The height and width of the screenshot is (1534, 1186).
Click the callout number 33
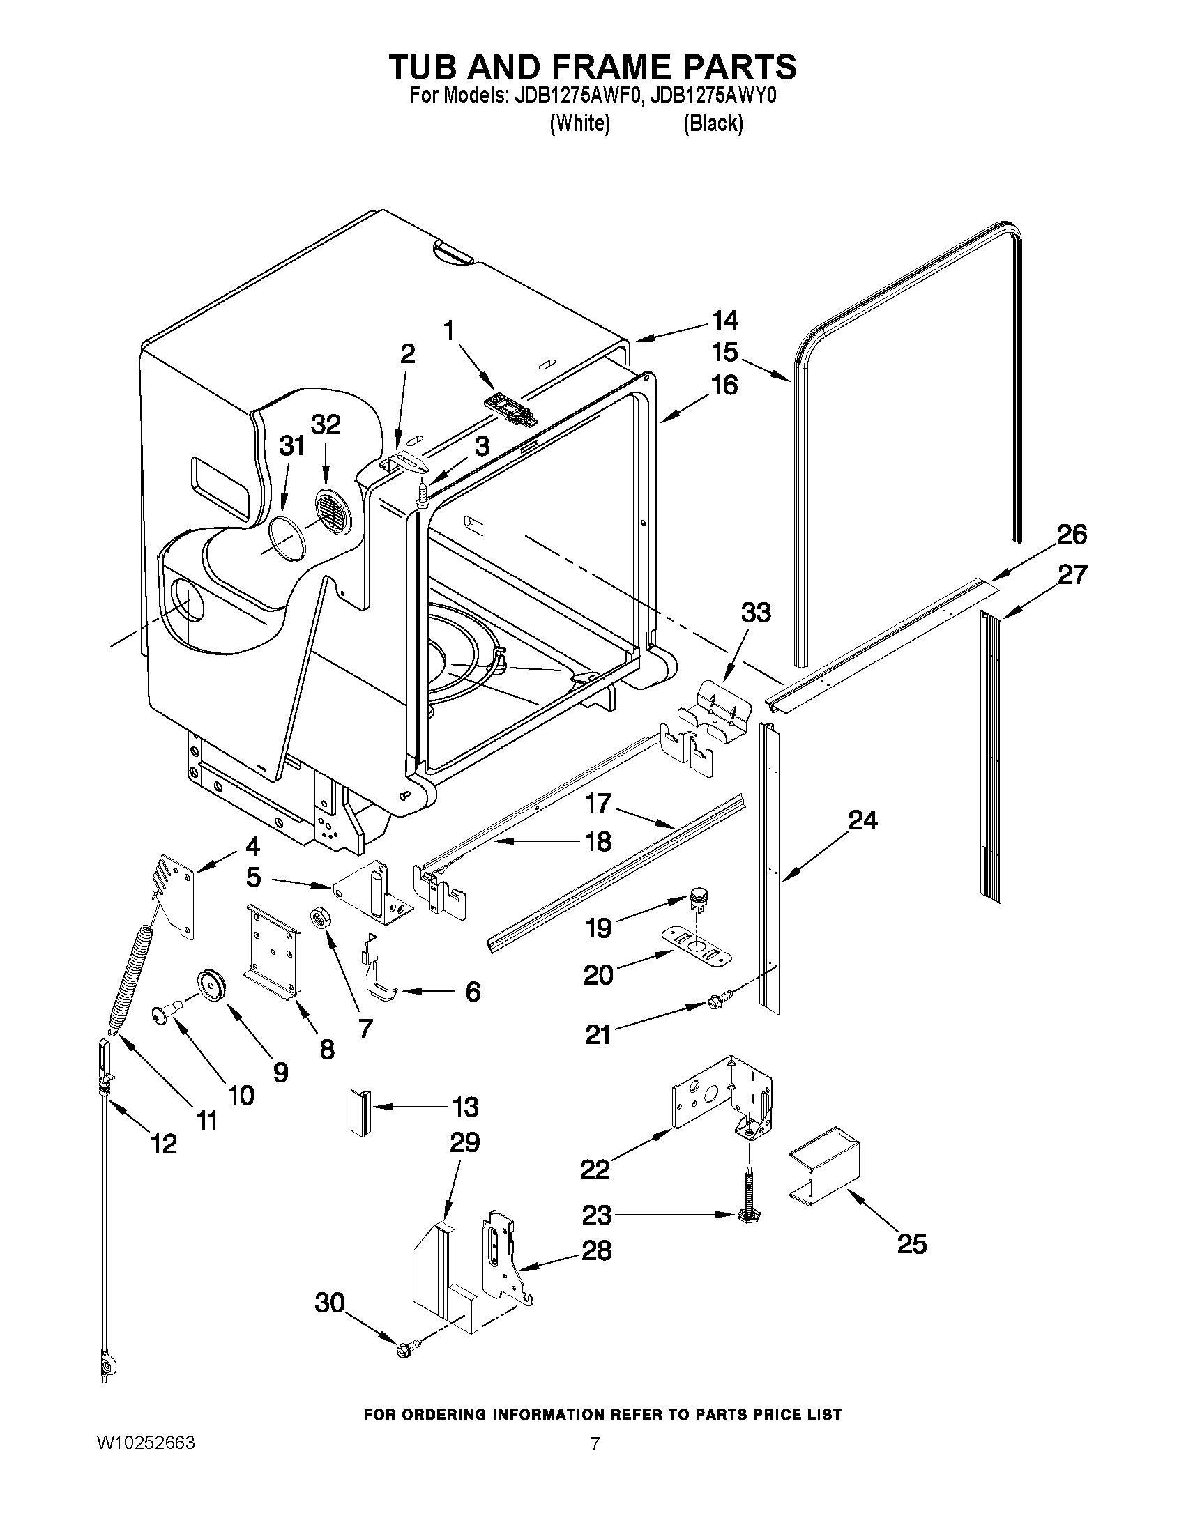coord(755,612)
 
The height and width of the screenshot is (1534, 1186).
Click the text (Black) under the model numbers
coord(713,123)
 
